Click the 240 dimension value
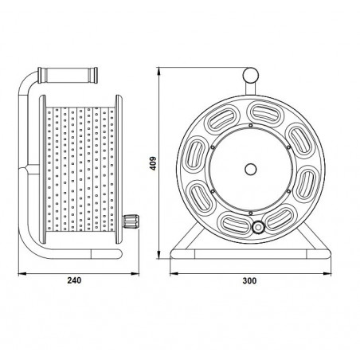pyautogui.click(x=74, y=280)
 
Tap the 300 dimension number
pyautogui.click(x=249, y=280)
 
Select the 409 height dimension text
pyautogui.click(x=153, y=163)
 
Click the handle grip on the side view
pyautogui.click(x=68, y=75)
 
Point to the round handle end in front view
pyautogui.click(x=251, y=76)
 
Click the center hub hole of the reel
pyautogui.click(x=250, y=169)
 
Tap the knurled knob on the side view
pyautogui.click(x=131, y=221)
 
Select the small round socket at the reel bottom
pyautogui.click(x=258, y=228)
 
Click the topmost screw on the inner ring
pyautogui.click(x=250, y=125)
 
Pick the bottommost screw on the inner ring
pyautogui.click(x=250, y=213)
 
